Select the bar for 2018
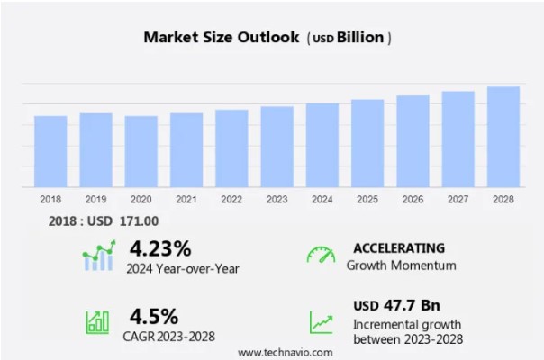point(50,151)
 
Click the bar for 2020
point(141,151)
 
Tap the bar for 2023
point(277,147)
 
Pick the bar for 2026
point(413,141)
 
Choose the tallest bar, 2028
point(503,137)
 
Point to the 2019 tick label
point(95,199)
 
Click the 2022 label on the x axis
point(231,199)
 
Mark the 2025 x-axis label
point(367,199)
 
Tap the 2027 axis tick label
point(458,199)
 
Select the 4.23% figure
point(160,247)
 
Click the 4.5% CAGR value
point(154,316)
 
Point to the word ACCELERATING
point(398,247)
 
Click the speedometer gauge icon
point(320,256)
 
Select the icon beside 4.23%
point(99,256)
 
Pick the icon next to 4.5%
point(97,322)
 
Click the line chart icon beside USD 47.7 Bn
point(321,321)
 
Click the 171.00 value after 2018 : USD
point(140,221)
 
